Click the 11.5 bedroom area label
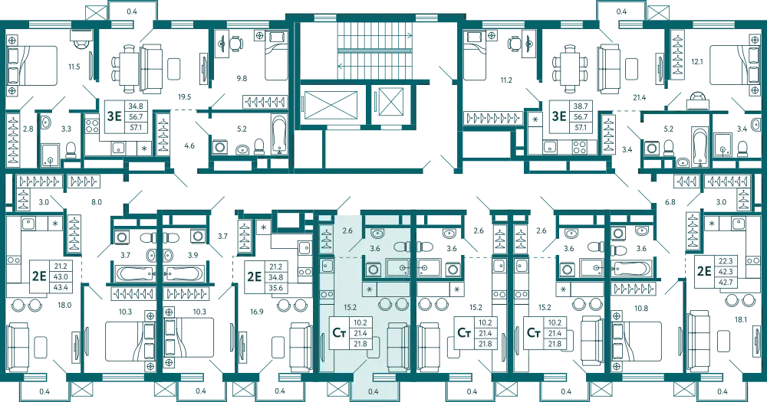(74, 67)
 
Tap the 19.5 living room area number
(184, 97)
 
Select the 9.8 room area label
(241, 77)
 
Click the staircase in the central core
(375, 51)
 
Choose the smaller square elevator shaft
(389, 101)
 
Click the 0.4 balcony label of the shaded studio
(374, 391)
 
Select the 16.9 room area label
(256, 311)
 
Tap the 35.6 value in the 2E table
(276, 288)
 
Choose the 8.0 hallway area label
(97, 201)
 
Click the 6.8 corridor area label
(670, 201)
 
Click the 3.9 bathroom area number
(193, 255)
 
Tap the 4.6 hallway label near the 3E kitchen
(189, 145)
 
